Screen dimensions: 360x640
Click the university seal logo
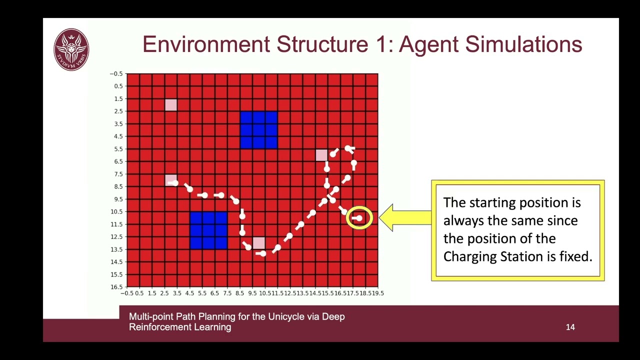71,49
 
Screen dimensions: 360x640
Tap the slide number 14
570,327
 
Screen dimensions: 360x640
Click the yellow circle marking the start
359,218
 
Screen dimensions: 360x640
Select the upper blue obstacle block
258,130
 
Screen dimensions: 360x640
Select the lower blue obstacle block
208,230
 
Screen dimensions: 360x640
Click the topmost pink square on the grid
171,105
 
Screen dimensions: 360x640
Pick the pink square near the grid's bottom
258,243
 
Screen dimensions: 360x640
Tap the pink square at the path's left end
171,180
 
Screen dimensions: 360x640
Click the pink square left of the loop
321,155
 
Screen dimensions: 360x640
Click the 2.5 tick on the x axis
164,293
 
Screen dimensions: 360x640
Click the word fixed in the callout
575,256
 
